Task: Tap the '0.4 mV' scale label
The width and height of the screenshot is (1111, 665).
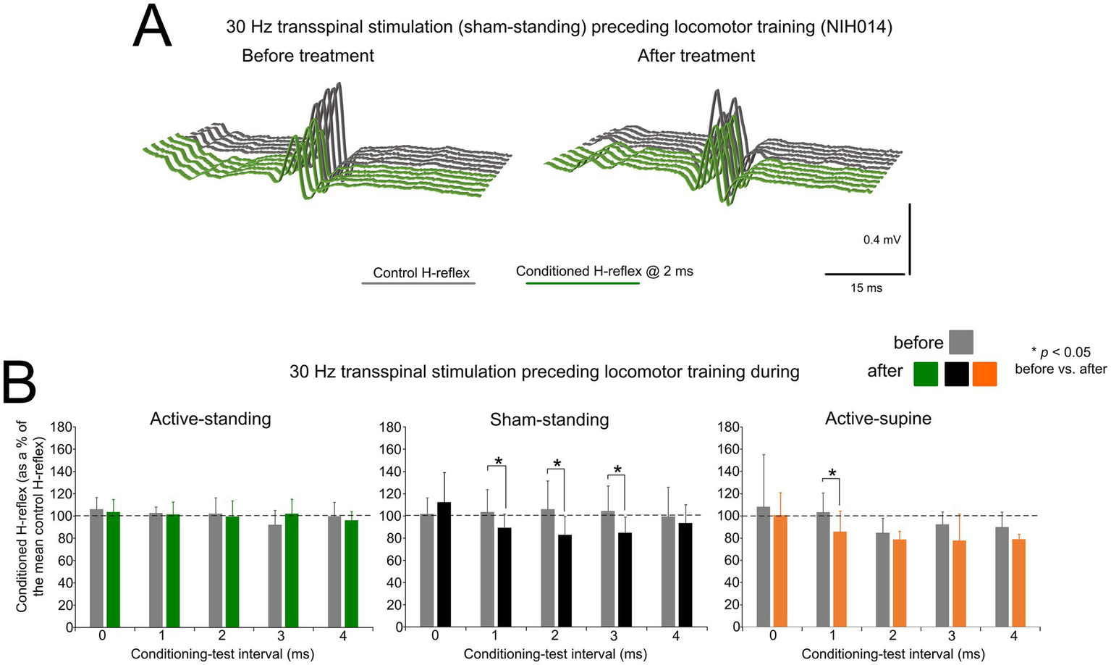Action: [x=882, y=240]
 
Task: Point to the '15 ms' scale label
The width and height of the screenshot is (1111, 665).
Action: [x=866, y=288]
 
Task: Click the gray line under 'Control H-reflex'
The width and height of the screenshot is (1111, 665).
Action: [x=418, y=283]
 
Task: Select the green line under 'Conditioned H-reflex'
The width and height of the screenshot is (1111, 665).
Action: [x=583, y=283]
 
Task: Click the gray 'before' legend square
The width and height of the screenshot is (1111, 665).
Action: [x=960, y=342]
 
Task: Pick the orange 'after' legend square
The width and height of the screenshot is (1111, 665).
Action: [x=984, y=374]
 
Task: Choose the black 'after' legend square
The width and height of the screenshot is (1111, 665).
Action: [x=956, y=374]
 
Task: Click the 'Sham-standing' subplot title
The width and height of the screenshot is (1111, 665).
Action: [x=549, y=419]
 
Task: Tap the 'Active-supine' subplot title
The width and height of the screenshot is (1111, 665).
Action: [x=878, y=419]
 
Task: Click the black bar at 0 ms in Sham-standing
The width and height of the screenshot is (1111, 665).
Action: [x=444, y=564]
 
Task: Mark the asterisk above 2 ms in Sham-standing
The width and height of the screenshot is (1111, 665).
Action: [x=557, y=464]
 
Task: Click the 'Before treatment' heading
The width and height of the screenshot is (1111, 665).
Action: [x=308, y=56]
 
